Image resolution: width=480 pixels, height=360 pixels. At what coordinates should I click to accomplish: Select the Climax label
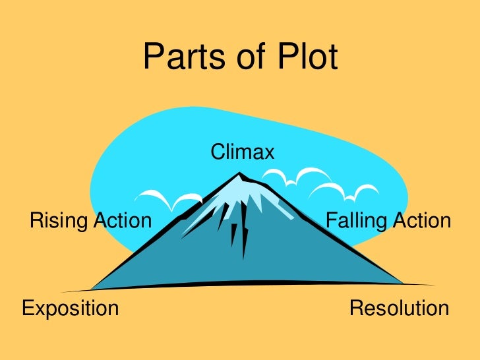(242, 153)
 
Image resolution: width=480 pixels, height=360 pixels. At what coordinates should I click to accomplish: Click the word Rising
(58, 221)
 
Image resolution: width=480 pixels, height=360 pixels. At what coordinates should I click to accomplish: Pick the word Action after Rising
(123, 220)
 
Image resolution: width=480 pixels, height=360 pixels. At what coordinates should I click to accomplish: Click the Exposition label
(71, 309)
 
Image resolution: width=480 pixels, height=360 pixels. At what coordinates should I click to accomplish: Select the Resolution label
(399, 308)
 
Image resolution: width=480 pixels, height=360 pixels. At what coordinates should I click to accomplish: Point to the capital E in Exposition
(28, 308)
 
